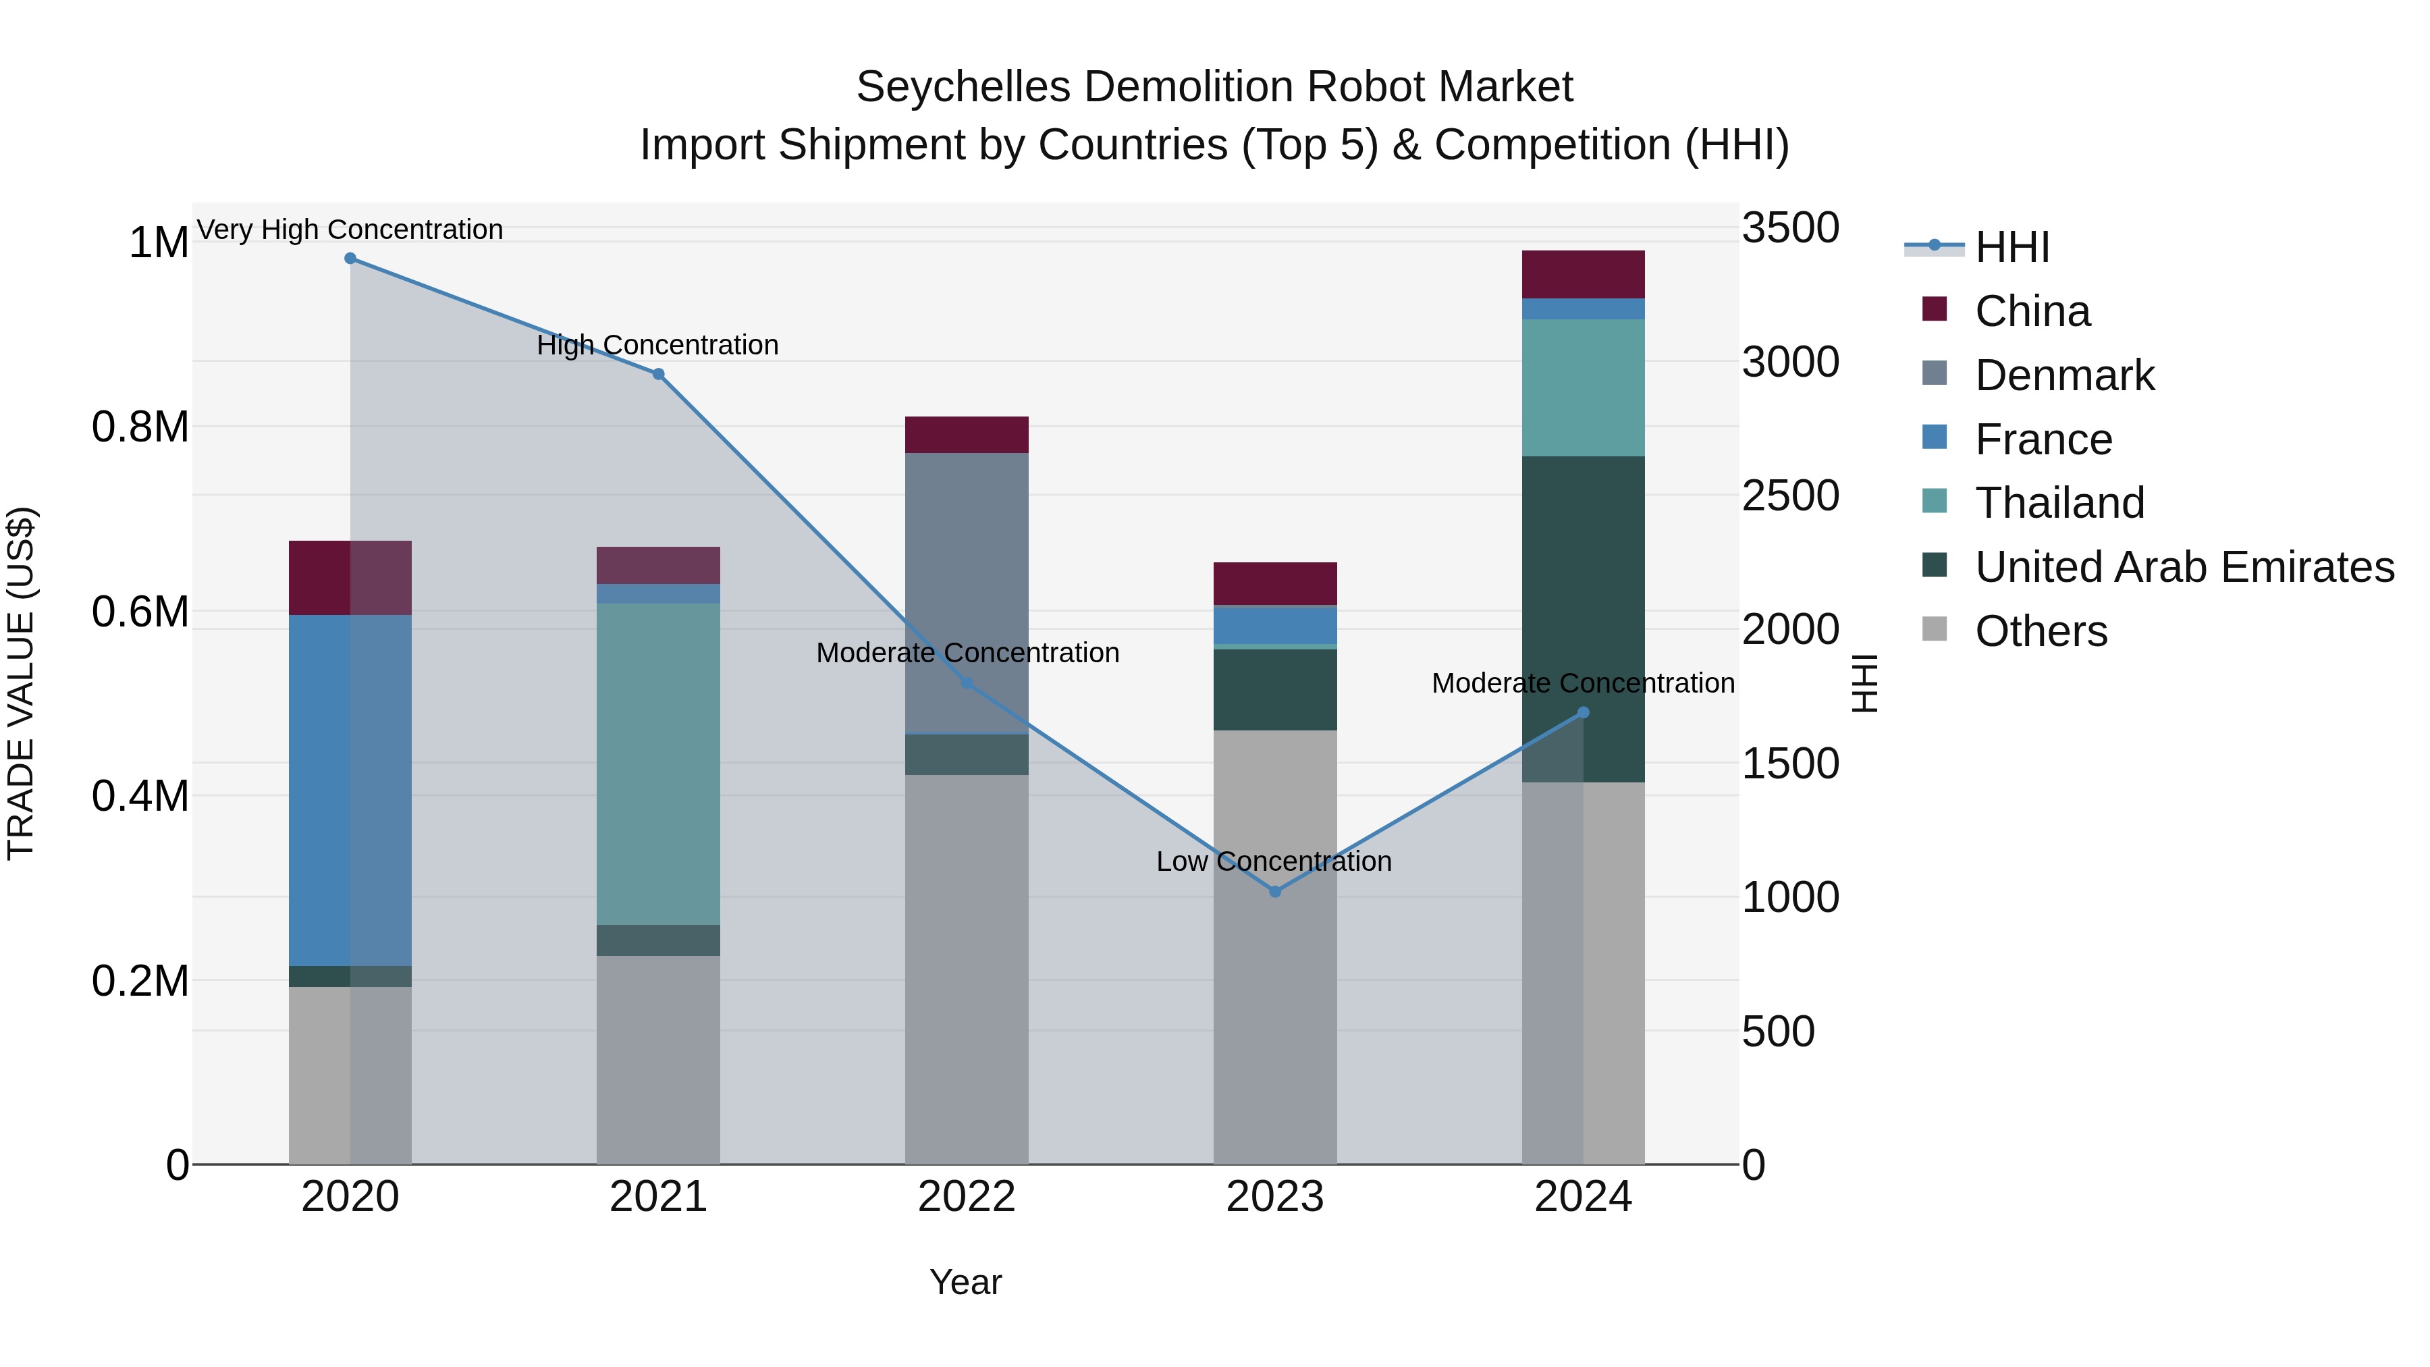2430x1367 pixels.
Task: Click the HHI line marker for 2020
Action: coord(350,259)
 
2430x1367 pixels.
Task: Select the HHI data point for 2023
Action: coord(1274,892)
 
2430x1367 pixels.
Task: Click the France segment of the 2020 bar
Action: coord(320,790)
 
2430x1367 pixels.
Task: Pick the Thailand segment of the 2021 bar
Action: coord(658,764)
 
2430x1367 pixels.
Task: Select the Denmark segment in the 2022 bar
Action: coord(966,593)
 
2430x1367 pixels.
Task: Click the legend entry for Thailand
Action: coord(2059,503)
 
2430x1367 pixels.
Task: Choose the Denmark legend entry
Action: coord(2064,375)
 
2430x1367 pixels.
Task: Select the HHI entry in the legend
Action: coord(2012,247)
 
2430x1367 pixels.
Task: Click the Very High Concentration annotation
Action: coord(350,230)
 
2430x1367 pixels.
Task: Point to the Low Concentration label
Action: coord(1274,861)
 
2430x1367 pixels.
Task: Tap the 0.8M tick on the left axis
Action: coord(140,427)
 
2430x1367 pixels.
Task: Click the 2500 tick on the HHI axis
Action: coord(1789,496)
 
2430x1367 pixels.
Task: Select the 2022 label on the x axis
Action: coord(966,1197)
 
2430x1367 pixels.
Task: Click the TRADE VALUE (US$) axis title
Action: coord(21,683)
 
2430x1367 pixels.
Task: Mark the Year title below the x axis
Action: coord(965,1282)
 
